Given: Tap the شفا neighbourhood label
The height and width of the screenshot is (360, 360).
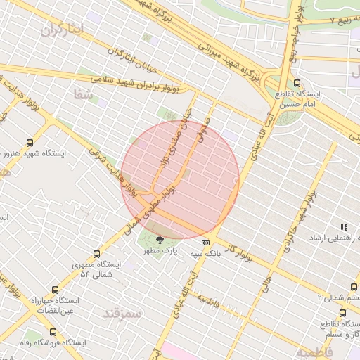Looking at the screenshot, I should (x=83, y=93).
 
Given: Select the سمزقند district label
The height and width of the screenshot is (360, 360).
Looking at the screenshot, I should (x=122, y=314).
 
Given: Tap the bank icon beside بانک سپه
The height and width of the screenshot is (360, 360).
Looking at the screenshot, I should (x=205, y=243).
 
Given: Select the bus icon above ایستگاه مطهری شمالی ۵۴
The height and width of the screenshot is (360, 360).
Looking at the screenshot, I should (x=96, y=255).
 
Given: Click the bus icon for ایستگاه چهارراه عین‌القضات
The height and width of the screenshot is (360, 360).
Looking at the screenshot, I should (x=56, y=290).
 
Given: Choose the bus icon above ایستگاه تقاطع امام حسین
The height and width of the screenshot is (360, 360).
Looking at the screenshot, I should (x=297, y=83).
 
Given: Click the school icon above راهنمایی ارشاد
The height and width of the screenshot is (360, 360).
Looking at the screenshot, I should (x=344, y=228).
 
